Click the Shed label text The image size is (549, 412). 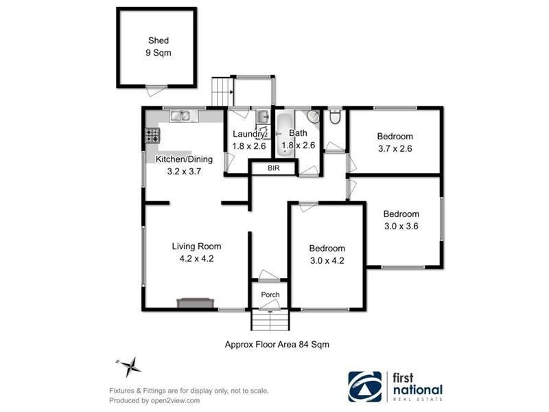point(157,41)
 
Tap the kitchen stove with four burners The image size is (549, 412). point(152,136)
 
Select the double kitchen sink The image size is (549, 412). point(183,117)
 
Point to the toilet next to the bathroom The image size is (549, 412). point(334,118)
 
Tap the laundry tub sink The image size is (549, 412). point(264,117)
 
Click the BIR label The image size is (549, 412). point(272,167)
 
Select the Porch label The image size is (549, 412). point(270,295)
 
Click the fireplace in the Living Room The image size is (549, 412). point(195,302)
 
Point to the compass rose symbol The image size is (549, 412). point(129,365)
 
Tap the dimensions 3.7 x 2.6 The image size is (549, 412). point(395,148)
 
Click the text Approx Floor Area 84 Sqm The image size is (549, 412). point(277,345)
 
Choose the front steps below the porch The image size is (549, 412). point(271,321)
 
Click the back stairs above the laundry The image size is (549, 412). point(220,91)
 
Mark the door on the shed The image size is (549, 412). point(156,87)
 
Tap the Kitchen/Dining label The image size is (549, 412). point(184,159)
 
